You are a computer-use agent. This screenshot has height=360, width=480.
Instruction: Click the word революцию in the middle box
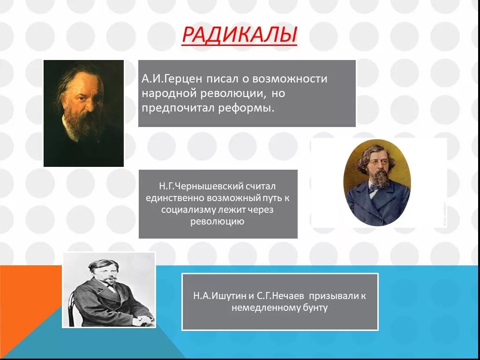tap(217, 221)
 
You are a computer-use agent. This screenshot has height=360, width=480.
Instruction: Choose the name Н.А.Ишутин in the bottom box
tap(218, 296)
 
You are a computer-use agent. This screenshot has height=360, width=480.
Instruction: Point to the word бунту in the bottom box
tap(315, 308)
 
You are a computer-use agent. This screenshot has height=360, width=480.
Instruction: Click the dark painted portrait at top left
tap(83, 113)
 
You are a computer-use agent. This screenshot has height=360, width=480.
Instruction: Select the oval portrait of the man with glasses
tap(377, 182)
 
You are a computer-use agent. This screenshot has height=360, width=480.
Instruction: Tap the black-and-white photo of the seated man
tap(109, 290)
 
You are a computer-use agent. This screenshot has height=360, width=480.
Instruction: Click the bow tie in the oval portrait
tap(374, 188)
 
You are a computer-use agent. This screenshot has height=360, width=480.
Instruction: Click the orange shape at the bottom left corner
tap(23, 300)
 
